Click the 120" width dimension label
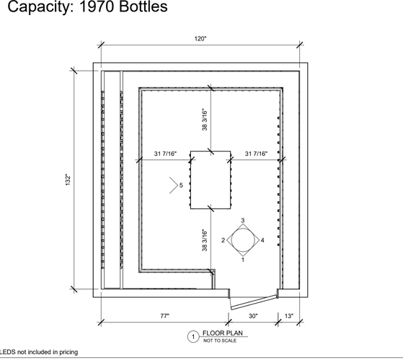tap(200, 39)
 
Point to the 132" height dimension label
tap(68, 180)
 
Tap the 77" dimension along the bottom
tap(165, 316)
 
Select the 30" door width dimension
tap(253, 316)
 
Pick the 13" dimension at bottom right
tap(289, 316)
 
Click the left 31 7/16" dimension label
tap(166, 154)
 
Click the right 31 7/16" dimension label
tap(256, 154)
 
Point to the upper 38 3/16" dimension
tap(205, 120)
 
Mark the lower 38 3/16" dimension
tap(205, 240)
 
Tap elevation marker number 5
tap(181, 185)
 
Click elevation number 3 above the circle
tap(243, 220)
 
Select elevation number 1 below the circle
tap(243, 260)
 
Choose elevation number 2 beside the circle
tap(223, 240)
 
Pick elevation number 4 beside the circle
tap(262, 240)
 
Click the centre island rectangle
tap(211, 180)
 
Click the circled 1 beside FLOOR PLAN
tap(193, 337)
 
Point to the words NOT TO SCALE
tap(220, 341)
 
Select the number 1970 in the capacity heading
tap(97, 6)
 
